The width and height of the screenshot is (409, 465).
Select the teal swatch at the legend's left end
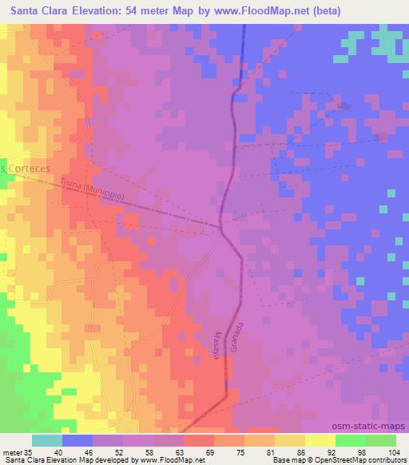pos(48,439)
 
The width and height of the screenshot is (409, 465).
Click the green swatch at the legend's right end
pos(381,439)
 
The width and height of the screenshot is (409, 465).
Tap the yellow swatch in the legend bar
pos(320,439)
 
